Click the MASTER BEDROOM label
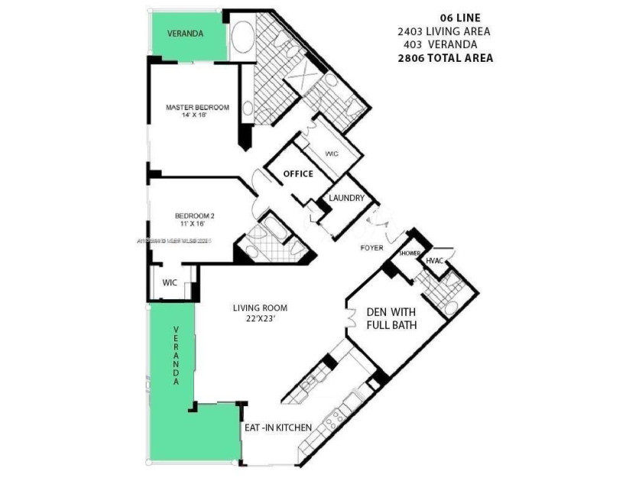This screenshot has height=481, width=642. pyautogui.click(x=197, y=108)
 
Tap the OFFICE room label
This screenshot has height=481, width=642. pyautogui.click(x=298, y=174)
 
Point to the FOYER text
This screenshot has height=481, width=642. pyautogui.click(x=372, y=247)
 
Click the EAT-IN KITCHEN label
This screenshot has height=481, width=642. pyautogui.click(x=277, y=428)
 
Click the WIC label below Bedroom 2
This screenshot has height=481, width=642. pyautogui.click(x=170, y=283)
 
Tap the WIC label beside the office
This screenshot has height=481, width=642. pyautogui.click(x=332, y=154)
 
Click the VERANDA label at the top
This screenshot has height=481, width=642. pyautogui.click(x=186, y=34)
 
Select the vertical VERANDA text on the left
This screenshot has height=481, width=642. pyautogui.click(x=176, y=355)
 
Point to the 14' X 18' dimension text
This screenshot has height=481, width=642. pyautogui.click(x=197, y=117)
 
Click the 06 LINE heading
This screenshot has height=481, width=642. pyautogui.click(x=460, y=18)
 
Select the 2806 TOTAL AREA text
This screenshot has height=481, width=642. pyautogui.click(x=445, y=57)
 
